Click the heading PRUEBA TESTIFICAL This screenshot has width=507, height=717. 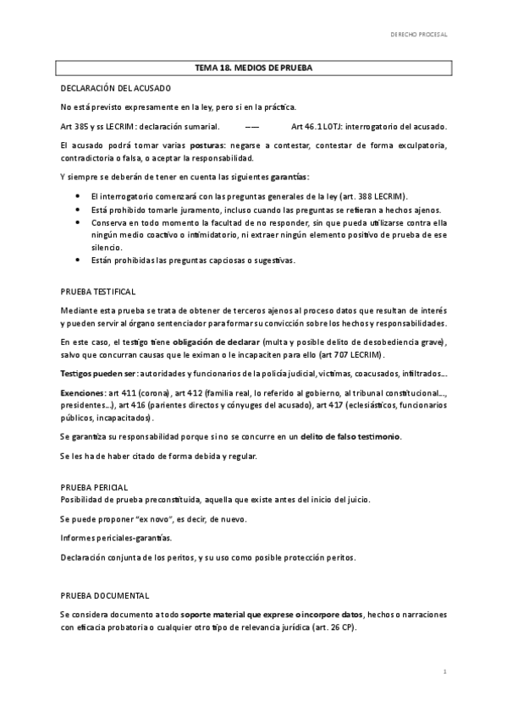(98, 291)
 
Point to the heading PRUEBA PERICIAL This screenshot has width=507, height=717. (95, 488)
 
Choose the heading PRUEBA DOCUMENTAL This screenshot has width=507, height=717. (105, 595)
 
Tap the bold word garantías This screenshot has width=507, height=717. (289, 177)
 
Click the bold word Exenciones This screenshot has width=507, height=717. (83, 393)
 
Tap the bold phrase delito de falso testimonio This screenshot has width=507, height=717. (350, 436)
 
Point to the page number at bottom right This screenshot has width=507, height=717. (444, 670)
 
